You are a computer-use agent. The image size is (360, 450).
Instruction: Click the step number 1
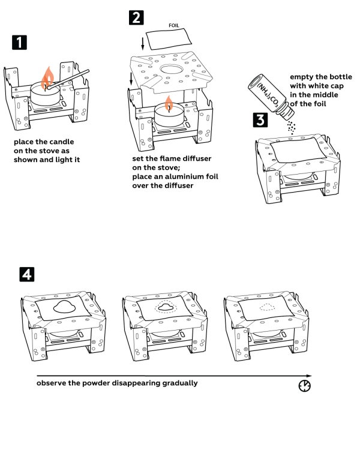click(x=19, y=43)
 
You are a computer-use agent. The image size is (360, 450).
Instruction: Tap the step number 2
click(x=137, y=17)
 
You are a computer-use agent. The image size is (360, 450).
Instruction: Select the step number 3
click(x=260, y=120)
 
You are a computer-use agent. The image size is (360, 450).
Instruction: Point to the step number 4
click(x=26, y=275)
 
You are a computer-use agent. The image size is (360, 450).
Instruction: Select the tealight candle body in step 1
click(x=45, y=95)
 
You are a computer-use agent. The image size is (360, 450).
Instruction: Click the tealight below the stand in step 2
click(x=169, y=116)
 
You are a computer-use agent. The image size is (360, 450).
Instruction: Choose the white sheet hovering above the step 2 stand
click(x=168, y=39)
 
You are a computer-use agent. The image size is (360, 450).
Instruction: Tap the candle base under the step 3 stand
click(x=298, y=176)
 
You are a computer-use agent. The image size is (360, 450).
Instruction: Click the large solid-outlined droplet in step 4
click(x=64, y=307)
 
